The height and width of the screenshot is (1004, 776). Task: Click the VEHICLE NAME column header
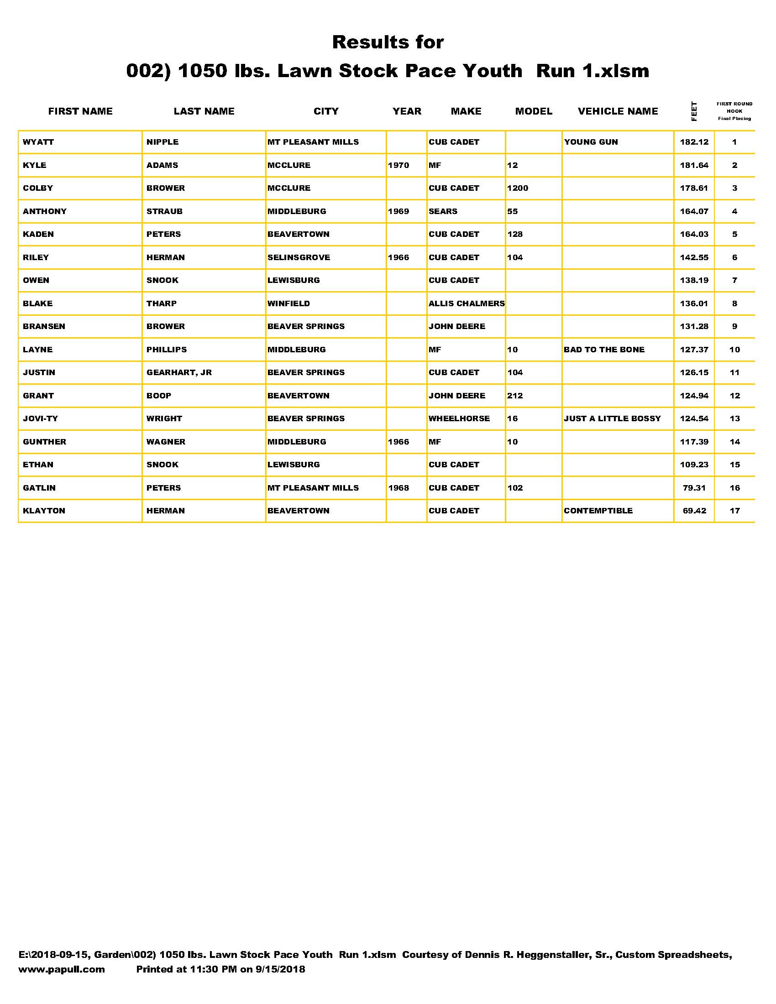coord(618,111)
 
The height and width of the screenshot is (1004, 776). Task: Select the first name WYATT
coord(38,142)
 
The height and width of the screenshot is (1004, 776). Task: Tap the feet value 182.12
coord(694,142)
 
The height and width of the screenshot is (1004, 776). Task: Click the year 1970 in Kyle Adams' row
coord(398,165)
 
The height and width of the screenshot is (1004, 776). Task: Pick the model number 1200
coord(517,188)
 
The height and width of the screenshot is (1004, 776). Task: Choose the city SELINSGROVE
coord(299,257)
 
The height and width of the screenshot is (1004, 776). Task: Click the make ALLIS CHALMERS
coord(466,303)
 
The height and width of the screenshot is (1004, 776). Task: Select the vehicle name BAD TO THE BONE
coord(603,350)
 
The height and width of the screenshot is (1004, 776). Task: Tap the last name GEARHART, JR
coord(179,372)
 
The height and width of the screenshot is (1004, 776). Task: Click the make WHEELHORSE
coord(459,418)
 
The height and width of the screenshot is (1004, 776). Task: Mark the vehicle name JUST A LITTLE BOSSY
coord(612,418)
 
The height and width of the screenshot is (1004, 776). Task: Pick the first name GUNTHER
coord(44,442)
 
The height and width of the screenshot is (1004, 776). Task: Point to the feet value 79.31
coord(694,488)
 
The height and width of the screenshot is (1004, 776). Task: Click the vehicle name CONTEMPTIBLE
coord(598,511)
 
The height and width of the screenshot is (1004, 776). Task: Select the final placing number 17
coord(734,511)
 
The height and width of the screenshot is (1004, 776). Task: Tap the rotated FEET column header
coord(694,111)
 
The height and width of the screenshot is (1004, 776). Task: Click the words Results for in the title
coord(388,42)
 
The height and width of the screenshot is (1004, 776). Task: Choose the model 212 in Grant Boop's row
coord(514,395)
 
